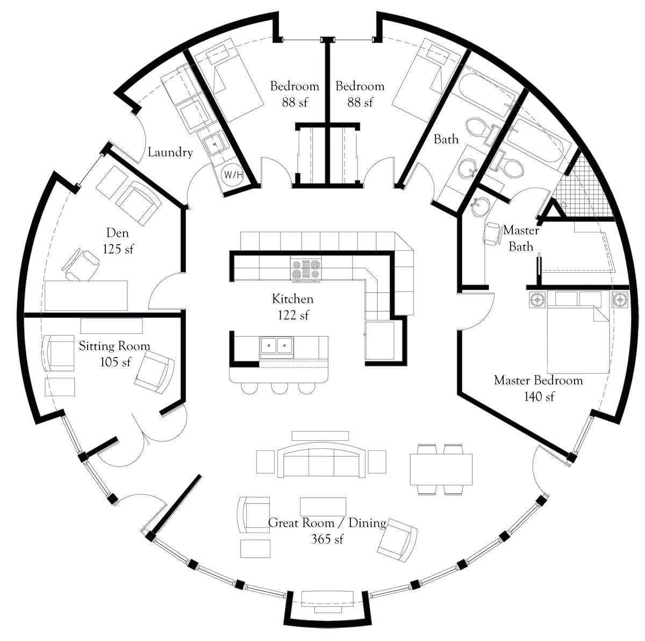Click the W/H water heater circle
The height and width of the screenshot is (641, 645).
click(233, 174)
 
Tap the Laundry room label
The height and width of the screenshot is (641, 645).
click(170, 153)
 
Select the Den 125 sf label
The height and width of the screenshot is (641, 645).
click(118, 241)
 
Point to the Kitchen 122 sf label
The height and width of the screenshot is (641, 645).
click(292, 307)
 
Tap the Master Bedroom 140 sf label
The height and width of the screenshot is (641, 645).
click(538, 388)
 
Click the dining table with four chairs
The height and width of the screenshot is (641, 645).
click(441, 469)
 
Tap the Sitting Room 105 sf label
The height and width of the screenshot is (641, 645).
click(114, 353)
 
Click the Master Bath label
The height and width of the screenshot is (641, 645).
click(521, 238)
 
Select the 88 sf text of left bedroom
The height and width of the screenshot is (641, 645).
click(295, 102)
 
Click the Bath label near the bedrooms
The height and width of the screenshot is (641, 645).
click(446, 140)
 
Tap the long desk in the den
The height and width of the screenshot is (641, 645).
click(86, 295)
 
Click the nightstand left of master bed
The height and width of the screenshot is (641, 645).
click(537, 299)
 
